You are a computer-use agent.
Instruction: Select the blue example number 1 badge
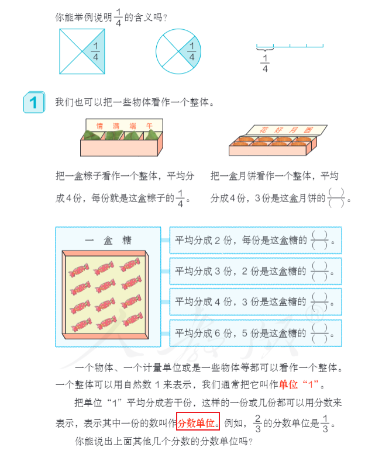pos(33,102)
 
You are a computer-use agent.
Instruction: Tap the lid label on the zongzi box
pos(119,124)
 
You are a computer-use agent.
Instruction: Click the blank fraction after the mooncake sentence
pos(336,197)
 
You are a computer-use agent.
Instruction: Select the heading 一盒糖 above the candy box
pos(108,240)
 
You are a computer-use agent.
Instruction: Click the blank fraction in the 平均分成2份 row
pos(319,240)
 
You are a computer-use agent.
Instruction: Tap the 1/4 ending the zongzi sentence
pos(180,197)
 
